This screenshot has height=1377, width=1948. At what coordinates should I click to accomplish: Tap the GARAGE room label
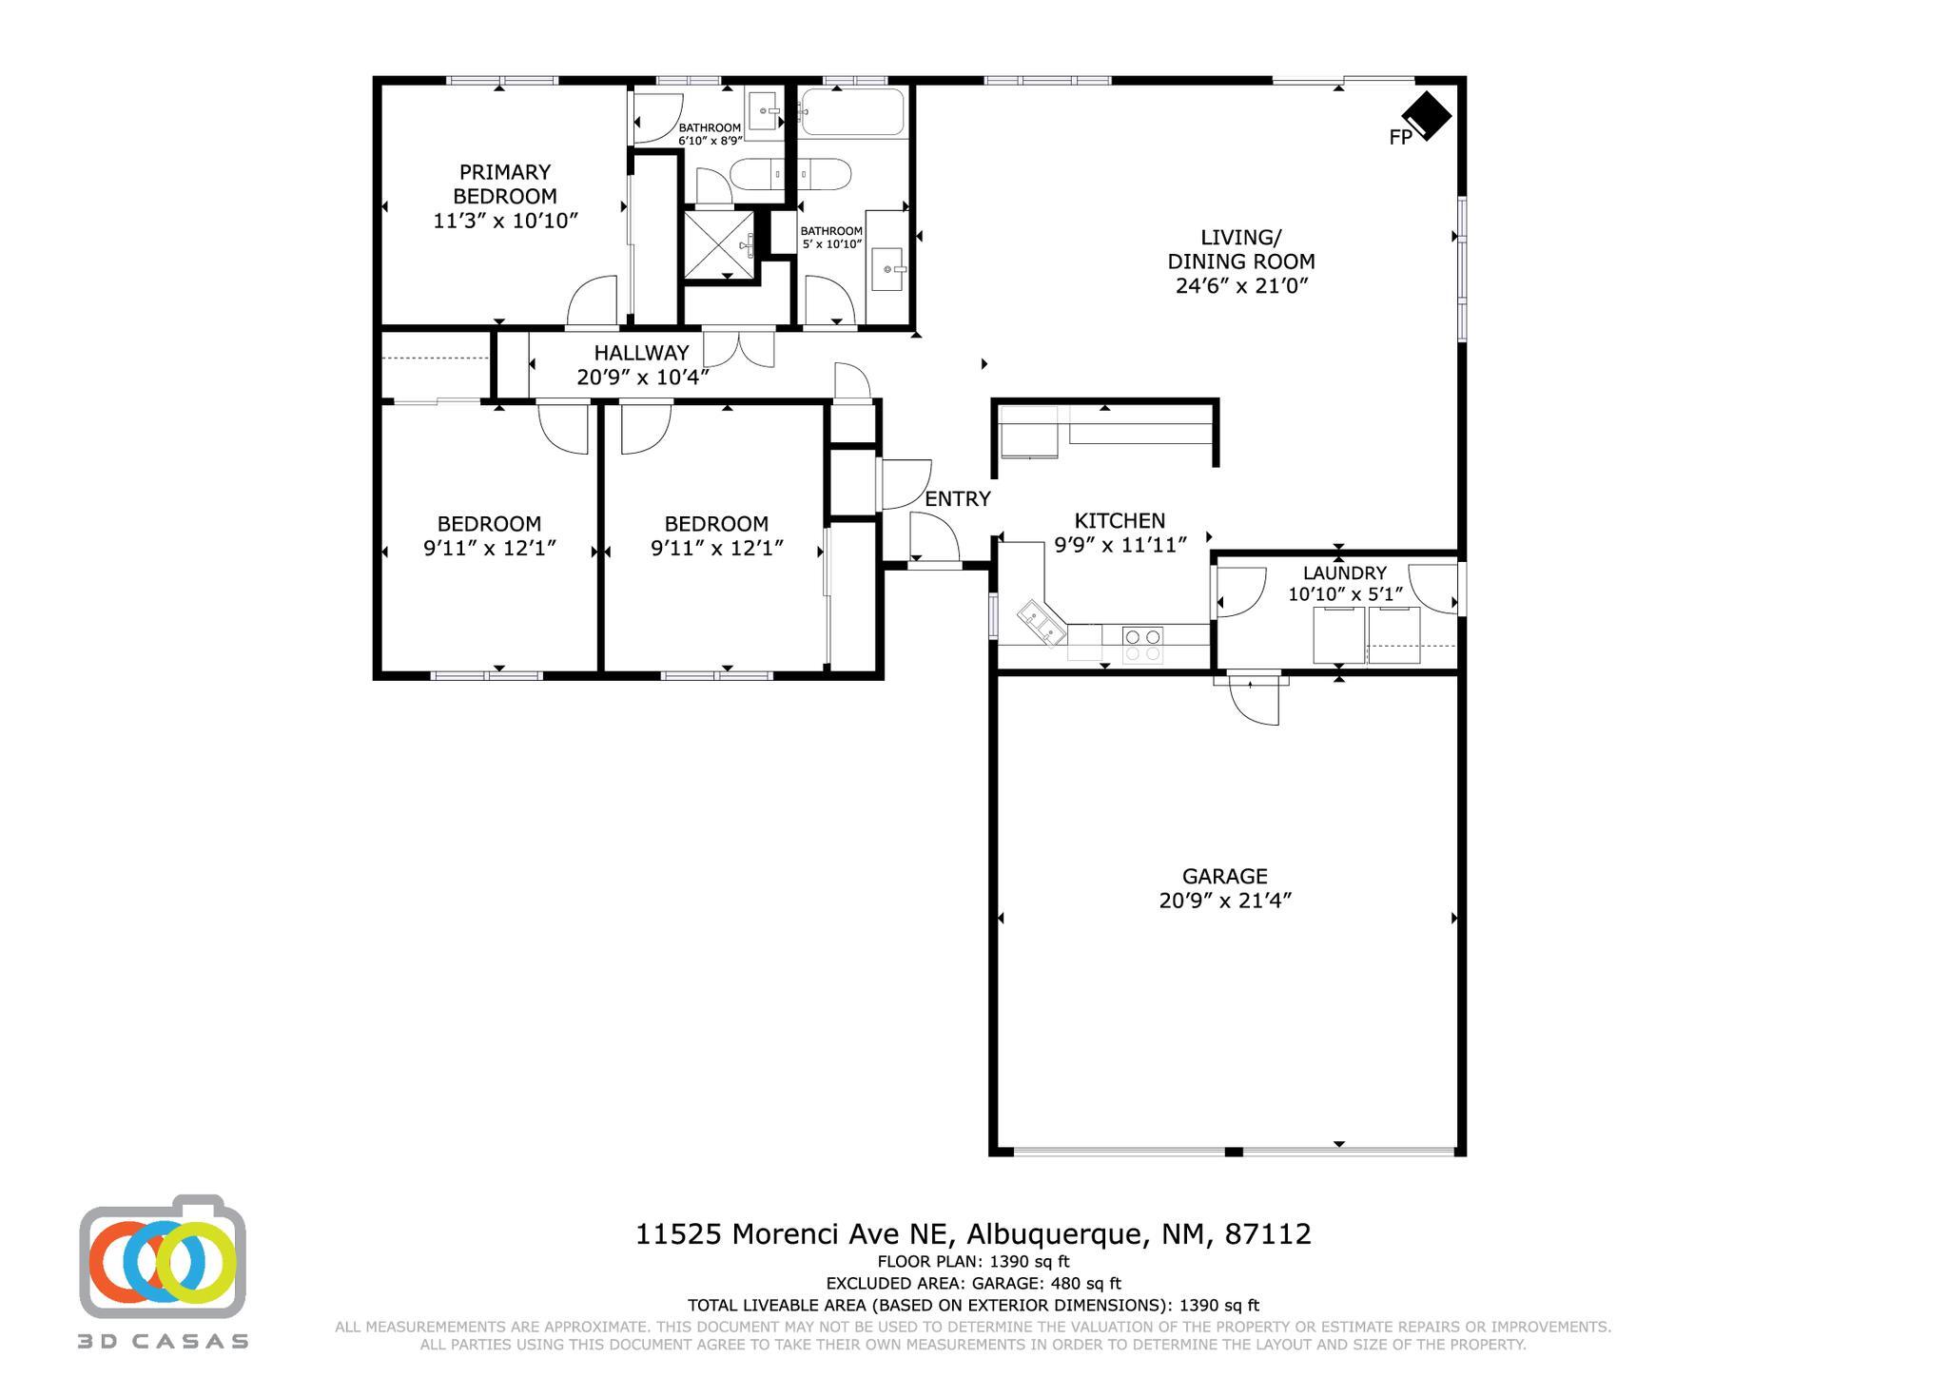pyautogui.click(x=1224, y=876)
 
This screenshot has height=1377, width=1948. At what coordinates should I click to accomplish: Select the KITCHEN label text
pyautogui.click(x=1120, y=520)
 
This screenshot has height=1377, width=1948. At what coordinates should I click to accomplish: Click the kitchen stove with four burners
pyautogui.click(x=1141, y=644)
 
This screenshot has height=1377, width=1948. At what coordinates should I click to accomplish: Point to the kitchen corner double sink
pyautogui.click(x=1042, y=623)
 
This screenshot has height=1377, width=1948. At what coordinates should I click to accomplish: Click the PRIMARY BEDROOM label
pyautogui.click(x=505, y=184)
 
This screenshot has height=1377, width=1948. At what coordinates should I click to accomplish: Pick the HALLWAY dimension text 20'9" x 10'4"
pyautogui.click(x=643, y=378)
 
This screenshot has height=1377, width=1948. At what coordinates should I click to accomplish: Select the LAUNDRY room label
pyautogui.click(x=1344, y=572)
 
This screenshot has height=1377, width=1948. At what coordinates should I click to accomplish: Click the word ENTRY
pyautogui.click(x=958, y=498)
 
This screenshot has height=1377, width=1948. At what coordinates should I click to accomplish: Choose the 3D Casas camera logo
pyautogui.click(x=163, y=1255)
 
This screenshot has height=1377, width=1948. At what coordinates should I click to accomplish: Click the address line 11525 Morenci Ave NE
pyautogui.click(x=793, y=1234)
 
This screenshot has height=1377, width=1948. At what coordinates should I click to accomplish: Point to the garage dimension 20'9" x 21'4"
pyautogui.click(x=1224, y=901)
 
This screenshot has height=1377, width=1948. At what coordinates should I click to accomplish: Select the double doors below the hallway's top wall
pyautogui.click(x=738, y=348)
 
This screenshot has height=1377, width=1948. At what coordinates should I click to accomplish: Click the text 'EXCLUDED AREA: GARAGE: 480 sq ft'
pyautogui.click(x=973, y=1284)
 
